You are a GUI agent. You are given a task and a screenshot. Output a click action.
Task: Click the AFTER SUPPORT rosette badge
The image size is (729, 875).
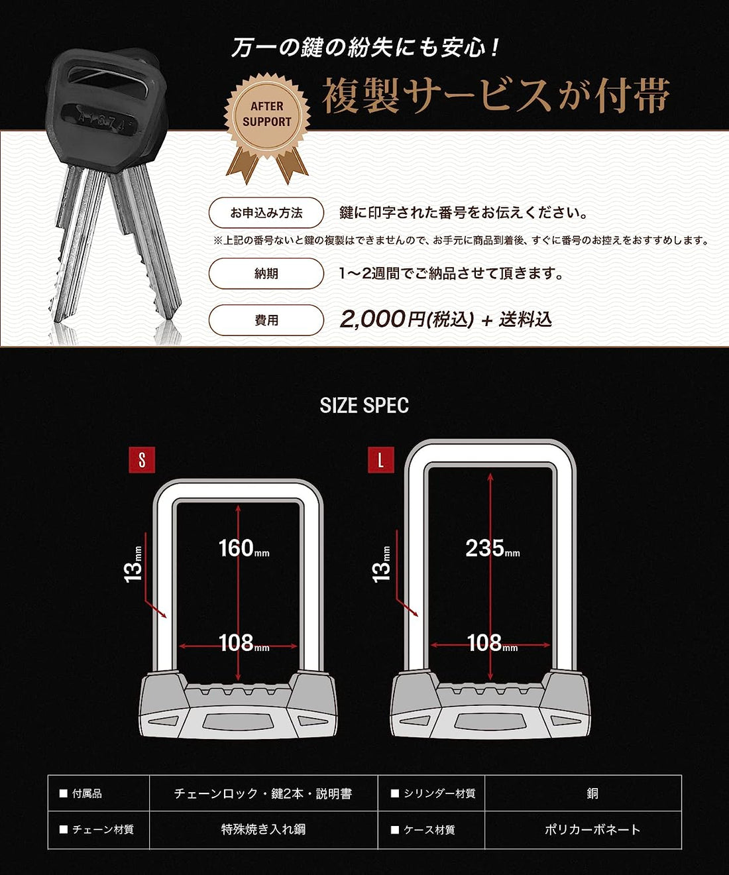pos(267,121)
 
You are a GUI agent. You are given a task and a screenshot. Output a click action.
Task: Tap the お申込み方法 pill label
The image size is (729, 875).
pos(266,213)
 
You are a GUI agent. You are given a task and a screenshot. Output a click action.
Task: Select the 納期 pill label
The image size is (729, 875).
pos(266,274)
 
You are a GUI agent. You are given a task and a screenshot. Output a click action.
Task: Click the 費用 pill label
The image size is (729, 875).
pos(266,320)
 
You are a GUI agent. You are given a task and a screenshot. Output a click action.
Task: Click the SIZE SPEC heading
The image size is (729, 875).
pos(364,405)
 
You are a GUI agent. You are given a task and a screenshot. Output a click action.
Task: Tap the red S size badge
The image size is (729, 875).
pos(142,460)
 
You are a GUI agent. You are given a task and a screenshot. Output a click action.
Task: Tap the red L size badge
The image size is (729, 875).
pos(381,460)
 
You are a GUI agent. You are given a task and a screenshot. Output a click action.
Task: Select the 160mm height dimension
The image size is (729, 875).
pos(244,548)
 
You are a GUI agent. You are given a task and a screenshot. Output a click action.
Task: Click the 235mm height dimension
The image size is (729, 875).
pos(492,548)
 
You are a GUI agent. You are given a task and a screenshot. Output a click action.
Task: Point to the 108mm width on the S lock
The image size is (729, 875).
pos(244,642)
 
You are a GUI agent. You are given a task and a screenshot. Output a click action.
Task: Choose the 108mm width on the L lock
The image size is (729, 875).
pos(492,642)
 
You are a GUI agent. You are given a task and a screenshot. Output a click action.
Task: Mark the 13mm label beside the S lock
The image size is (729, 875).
pos(133,564)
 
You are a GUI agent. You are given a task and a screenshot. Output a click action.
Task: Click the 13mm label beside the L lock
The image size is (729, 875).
pos(381,564)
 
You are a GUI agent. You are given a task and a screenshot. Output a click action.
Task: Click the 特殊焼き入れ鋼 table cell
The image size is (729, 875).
pos(264,830)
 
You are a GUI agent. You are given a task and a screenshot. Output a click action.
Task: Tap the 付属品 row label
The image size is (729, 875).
pos(87,793)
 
